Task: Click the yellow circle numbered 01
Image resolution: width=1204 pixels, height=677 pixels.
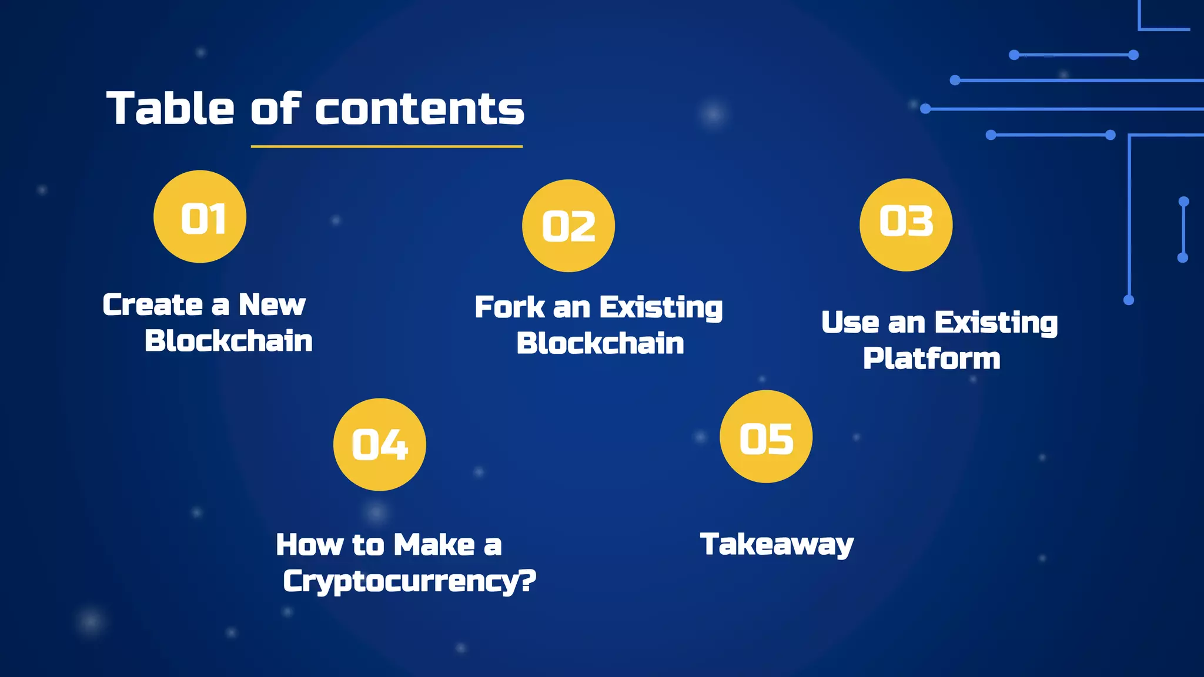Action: [200, 216]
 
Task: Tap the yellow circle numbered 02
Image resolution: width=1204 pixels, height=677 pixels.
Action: [568, 226]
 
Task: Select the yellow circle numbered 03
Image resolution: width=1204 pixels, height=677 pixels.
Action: [906, 224]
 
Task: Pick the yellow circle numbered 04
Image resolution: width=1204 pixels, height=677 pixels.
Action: [380, 444]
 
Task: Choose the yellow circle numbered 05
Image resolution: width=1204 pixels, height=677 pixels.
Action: [766, 437]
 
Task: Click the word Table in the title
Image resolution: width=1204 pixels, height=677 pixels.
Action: [170, 109]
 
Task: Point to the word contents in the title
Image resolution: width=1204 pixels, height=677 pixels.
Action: [420, 110]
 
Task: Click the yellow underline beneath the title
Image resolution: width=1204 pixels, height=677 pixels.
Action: [386, 146]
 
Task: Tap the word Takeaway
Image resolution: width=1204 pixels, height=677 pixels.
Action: [776, 545]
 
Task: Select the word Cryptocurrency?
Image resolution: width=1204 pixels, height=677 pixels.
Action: [409, 581]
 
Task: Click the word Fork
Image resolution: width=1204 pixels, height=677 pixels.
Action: [510, 307]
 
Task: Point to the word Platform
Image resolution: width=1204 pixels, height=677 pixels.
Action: [931, 358]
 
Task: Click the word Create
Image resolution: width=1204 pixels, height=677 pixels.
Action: [153, 304]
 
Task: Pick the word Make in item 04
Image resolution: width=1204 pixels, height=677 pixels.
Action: [434, 544]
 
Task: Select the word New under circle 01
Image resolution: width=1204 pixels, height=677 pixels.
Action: [272, 304]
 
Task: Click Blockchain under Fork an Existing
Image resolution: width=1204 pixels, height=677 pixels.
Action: [600, 343]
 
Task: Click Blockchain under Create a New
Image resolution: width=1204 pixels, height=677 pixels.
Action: [229, 341]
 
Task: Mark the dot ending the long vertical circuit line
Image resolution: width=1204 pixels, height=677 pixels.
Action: [1129, 300]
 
